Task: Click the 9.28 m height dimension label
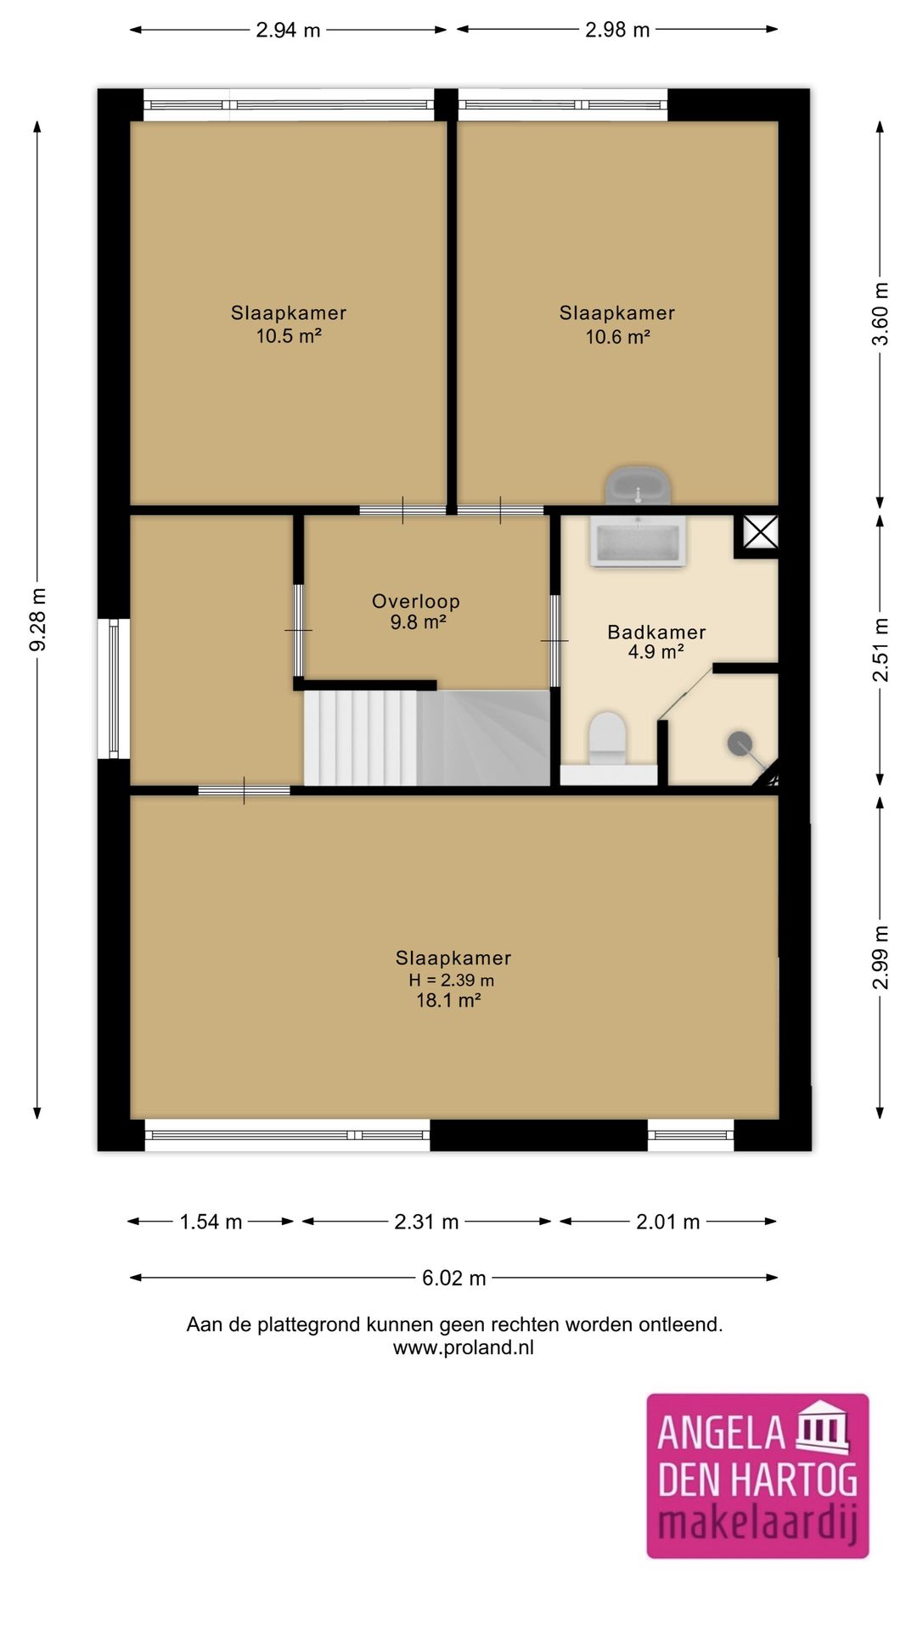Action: pyautogui.click(x=37, y=620)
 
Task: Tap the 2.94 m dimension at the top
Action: pyautogui.click(x=288, y=30)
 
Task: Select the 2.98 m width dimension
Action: pyautogui.click(x=617, y=30)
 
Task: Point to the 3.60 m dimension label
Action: pyautogui.click(x=880, y=314)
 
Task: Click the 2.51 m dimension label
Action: pyautogui.click(x=880, y=650)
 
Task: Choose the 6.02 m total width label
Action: pyautogui.click(x=454, y=1278)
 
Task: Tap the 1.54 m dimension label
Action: pyautogui.click(x=211, y=1222)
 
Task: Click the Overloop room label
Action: pyautogui.click(x=416, y=601)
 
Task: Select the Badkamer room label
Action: pyautogui.click(x=656, y=632)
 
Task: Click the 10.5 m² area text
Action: pyautogui.click(x=289, y=336)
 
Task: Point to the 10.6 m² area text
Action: pyautogui.click(x=617, y=337)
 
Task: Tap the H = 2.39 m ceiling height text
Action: pyautogui.click(x=451, y=980)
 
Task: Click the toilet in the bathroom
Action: pyautogui.click(x=607, y=737)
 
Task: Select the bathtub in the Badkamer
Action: pyautogui.click(x=639, y=541)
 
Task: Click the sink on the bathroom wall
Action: pyautogui.click(x=638, y=486)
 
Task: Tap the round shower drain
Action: pyautogui.click(x=740, y=744)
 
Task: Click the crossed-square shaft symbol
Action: pyautogui.click(x=761, y=532)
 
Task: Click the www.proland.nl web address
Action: pyautogui.click(x=464, y=1347)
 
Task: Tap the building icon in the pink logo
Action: pyautogui.click(x=822, y=1426)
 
